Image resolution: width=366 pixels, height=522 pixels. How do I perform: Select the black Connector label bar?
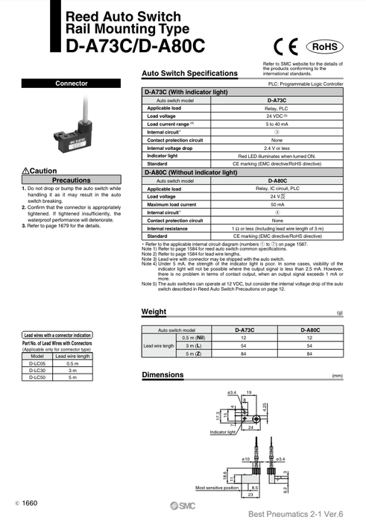coord(72,84)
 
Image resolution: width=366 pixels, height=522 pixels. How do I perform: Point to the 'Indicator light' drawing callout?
coord(224,432)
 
